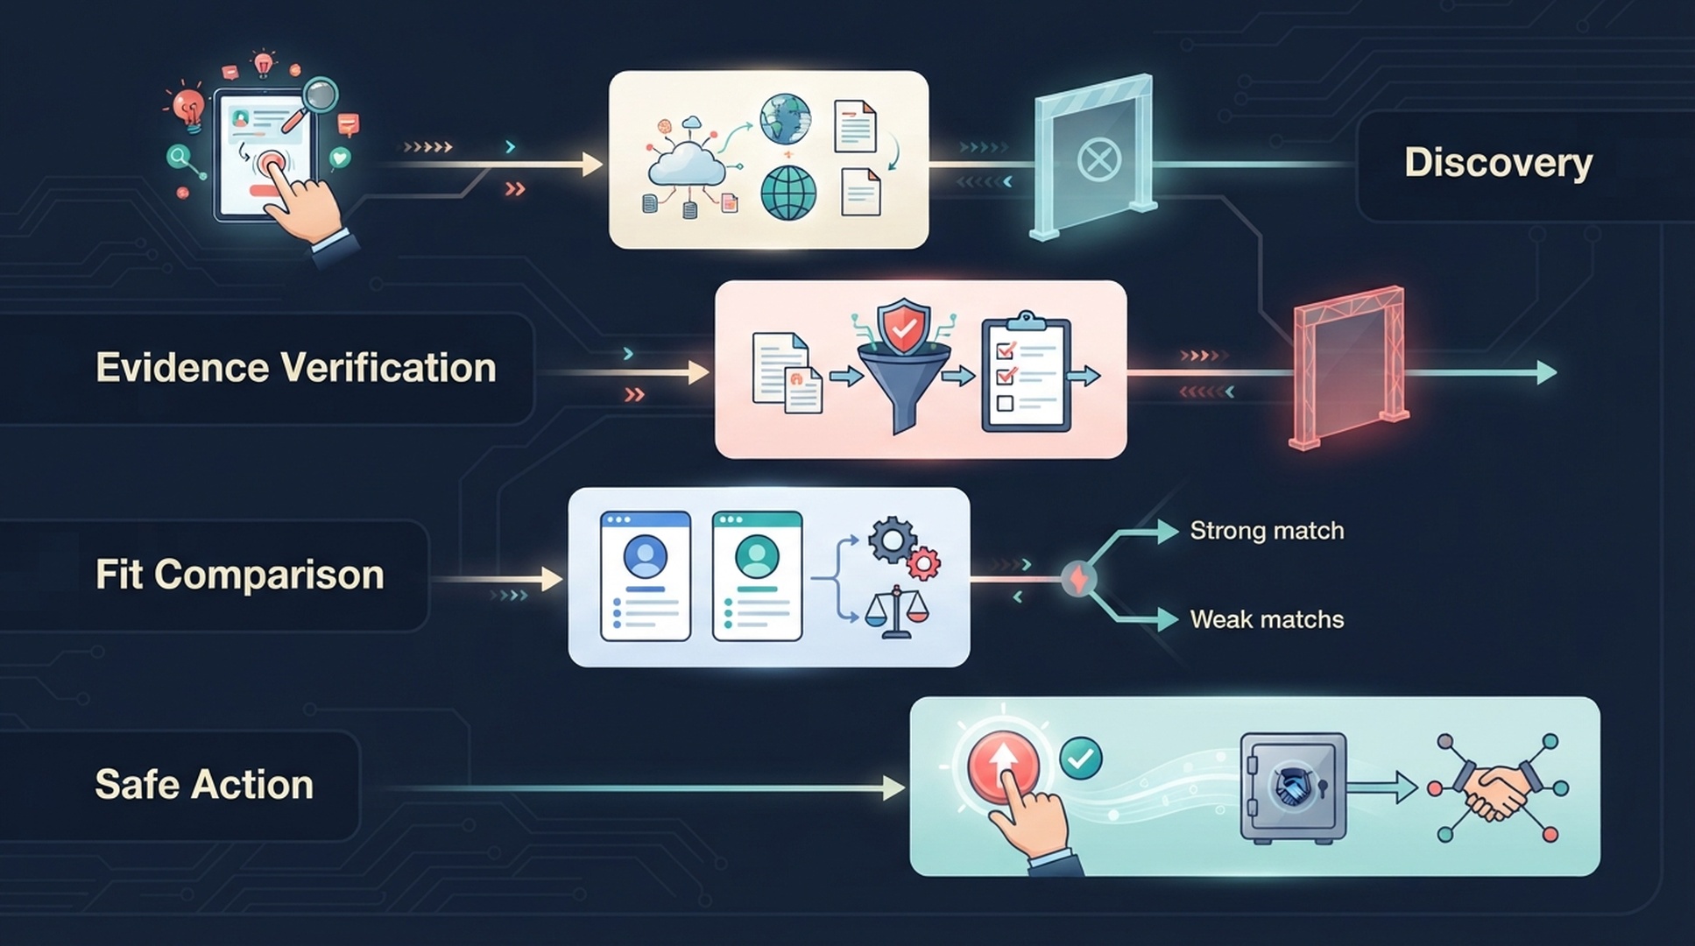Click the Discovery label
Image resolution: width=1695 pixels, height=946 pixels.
1498,163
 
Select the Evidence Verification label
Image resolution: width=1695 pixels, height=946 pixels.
296,368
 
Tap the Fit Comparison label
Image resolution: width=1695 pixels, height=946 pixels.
240,575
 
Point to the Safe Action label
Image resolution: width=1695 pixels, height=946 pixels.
204,784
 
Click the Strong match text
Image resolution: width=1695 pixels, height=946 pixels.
1267,531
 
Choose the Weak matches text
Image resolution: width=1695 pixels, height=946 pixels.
1267,620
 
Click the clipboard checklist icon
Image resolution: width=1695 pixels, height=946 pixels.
1026,371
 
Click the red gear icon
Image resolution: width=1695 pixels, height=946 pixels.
922,563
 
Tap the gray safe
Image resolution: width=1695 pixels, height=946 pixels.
1293,787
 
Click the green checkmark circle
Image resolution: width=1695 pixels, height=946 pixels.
1081,759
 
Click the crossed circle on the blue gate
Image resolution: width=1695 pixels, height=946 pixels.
1098,160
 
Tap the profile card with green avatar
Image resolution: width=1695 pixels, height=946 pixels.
758,576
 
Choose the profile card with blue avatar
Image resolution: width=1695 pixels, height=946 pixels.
646,576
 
